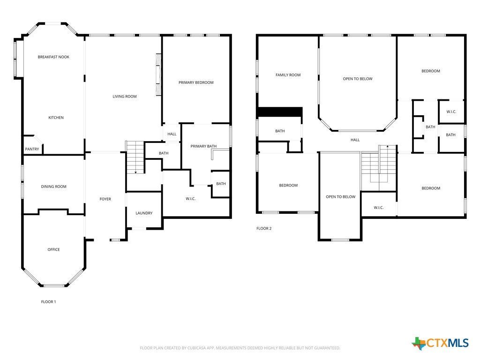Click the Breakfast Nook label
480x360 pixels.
53,57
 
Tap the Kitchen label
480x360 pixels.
56,118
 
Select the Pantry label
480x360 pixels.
32,149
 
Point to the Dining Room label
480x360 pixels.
53,187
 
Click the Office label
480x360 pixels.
53,249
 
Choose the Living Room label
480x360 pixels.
125,97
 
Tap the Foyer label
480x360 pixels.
105,199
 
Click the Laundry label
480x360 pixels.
144,213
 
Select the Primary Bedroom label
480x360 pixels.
196,82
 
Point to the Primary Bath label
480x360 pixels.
203,146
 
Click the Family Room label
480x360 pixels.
288,75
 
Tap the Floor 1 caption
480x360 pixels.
48,302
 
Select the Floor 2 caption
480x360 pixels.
264,228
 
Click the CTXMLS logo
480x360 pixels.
440,343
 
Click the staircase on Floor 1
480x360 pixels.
135,157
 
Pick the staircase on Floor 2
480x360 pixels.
379,168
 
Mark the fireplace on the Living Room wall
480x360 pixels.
158,75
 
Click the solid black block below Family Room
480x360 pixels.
280,112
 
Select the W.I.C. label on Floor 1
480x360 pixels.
190,199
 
